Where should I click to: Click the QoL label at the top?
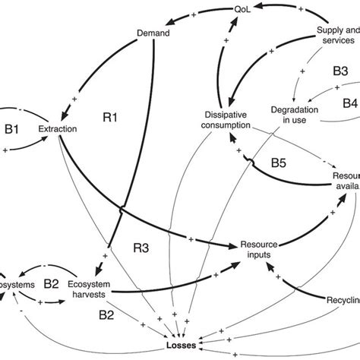241,9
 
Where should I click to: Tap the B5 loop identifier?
280,161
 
